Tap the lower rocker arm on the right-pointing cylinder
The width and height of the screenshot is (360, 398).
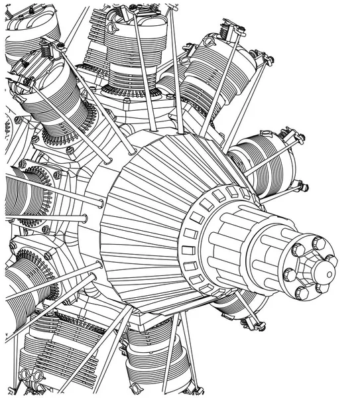coord(299,186)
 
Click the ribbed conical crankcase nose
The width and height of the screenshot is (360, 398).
coord(146,219)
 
